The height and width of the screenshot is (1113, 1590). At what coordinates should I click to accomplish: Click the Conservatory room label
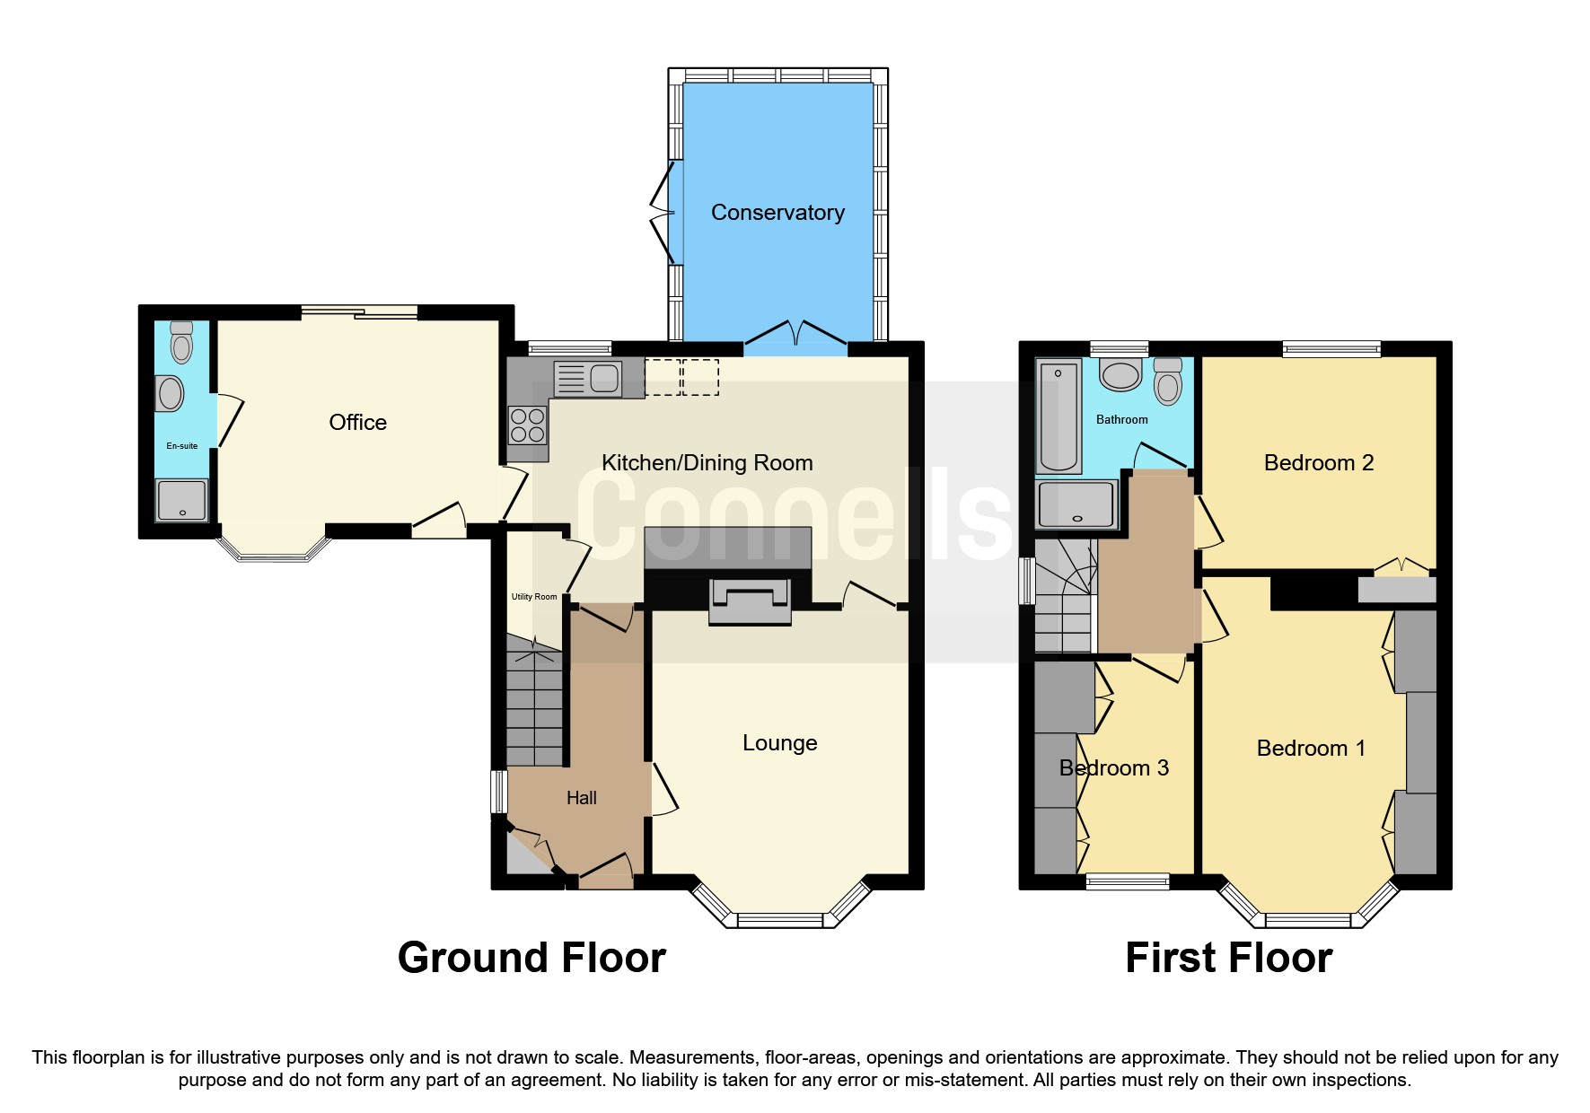tap(777, 213)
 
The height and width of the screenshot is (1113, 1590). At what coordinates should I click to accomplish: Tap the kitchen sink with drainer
tap(587, 378)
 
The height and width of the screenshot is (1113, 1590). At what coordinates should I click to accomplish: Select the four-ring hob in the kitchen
tap(527, 425)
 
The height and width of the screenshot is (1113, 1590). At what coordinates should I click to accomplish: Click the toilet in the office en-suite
tap(181, 342)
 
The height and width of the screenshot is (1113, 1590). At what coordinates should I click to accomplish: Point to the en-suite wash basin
tap(170, 393)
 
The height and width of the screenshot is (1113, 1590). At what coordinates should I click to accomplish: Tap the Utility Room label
tap(534, 596)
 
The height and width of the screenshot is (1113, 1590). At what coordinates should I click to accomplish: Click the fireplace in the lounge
tap(749, 600)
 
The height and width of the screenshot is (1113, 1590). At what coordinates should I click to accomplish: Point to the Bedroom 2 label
tap(1318, 463)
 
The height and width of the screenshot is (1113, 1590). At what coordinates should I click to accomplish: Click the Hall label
tap(581, 798)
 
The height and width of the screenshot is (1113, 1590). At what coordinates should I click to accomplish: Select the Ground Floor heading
tap(531, 958)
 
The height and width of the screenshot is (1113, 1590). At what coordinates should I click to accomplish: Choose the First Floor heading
tap(1228, 958)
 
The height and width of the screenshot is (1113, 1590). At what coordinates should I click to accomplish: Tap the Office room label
tap(357, 423)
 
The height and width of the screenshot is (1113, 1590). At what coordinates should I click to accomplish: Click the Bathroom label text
tap(1121, 419)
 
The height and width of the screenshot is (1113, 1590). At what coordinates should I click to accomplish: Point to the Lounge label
tap(779, 743)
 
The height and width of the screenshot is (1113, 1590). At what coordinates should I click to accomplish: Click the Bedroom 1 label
tap(1310, 749)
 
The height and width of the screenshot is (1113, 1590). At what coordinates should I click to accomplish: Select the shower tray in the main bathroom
tap(1076, 504)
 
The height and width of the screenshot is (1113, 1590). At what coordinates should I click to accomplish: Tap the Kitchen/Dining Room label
tap(707, 463)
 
